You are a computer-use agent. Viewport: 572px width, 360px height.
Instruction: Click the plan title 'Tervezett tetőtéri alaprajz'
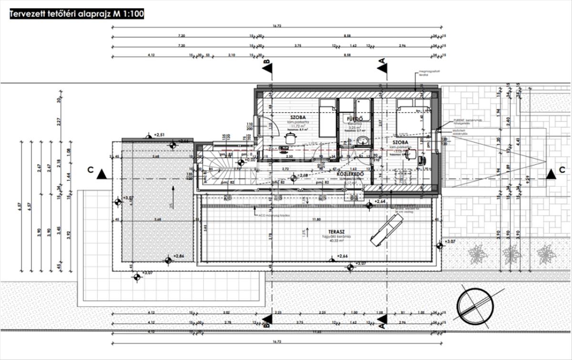point(76,14)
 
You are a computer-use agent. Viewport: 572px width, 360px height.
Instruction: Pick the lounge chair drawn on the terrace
point(386,229)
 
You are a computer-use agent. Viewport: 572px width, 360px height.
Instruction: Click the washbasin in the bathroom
point(362,140)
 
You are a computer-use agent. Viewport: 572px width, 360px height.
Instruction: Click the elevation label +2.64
point(379,202)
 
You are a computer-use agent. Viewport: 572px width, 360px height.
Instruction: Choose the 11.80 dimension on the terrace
point(313,220)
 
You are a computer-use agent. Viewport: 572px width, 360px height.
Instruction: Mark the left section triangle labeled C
point(101,174)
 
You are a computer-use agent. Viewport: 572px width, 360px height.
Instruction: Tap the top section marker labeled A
point(381,68)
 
